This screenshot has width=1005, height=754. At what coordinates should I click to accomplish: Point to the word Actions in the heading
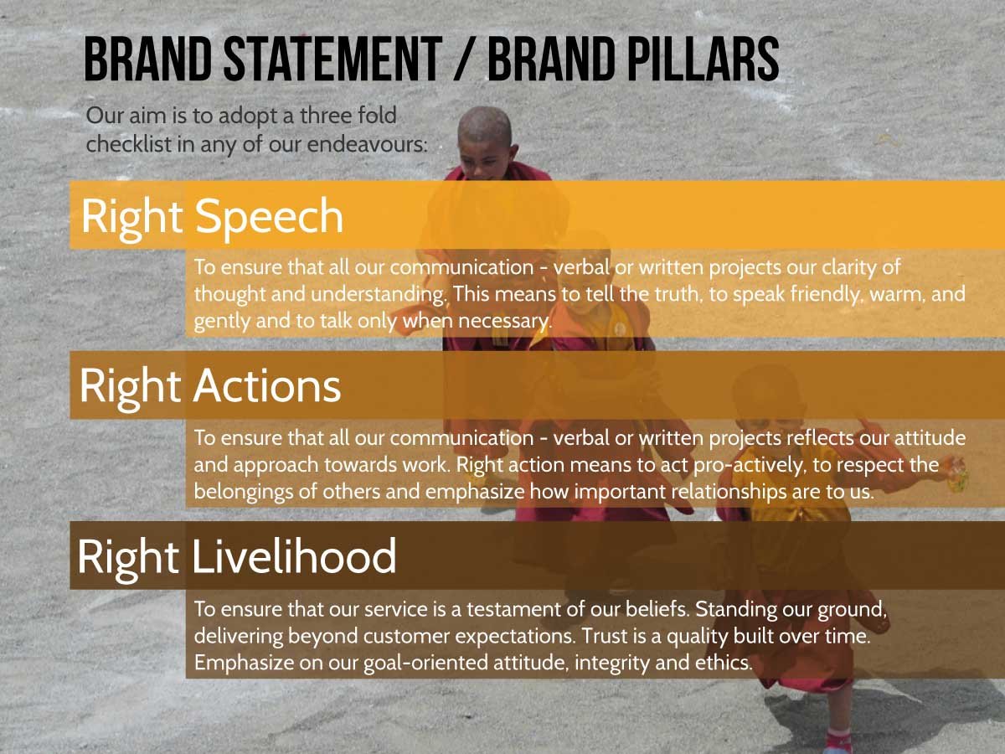(x=267, y=386)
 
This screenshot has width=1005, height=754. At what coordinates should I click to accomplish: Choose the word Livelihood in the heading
(x=294, y=555)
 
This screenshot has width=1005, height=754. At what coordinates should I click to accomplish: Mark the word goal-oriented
(x=425, y=664)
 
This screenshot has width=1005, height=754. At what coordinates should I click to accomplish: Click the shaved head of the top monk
(x=485, y=126)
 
